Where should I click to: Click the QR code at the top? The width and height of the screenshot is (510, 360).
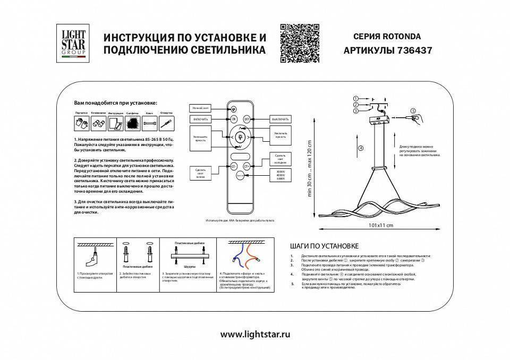[300, 44]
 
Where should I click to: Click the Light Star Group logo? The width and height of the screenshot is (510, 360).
[70, 45]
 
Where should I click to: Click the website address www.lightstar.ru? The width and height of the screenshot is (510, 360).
[254, 335]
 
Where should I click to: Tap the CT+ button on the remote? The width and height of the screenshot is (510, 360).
[246, 166]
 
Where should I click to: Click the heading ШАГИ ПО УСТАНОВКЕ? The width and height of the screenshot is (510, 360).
[326, 246]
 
